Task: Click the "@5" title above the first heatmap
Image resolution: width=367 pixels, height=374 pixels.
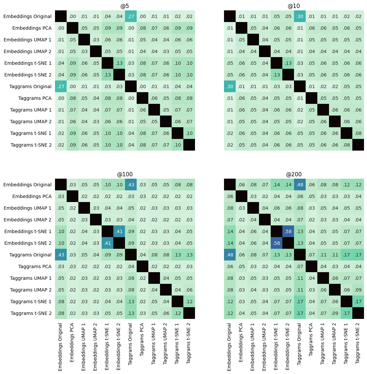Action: [x=125, y=6]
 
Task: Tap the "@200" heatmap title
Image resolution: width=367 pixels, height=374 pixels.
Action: [x=294, y=174]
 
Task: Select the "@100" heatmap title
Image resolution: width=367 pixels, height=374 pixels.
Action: [x=125, y=174]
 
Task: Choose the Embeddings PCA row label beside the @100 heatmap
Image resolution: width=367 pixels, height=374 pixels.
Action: [x=32, y=196]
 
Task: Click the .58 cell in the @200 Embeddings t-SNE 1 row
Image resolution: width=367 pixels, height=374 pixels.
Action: [x=288, y=231]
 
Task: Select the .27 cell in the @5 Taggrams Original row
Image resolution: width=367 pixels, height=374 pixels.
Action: [x=61, y=86]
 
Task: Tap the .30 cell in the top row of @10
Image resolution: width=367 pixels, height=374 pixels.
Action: [x=300, y=16]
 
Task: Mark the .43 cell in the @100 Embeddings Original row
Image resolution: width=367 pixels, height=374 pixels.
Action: [x=131, y=185]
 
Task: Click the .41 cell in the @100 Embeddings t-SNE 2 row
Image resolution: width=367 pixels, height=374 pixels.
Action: [x=107, y=243]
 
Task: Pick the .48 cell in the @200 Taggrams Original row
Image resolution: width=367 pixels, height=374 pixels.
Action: [x=230, y=255]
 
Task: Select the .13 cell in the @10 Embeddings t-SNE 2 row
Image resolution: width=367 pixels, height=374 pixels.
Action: [x=276, y=75]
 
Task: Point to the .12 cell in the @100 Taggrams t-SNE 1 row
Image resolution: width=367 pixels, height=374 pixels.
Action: [x=189, y=302]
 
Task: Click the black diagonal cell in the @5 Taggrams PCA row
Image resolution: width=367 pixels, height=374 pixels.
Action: [x=142, y=98]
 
